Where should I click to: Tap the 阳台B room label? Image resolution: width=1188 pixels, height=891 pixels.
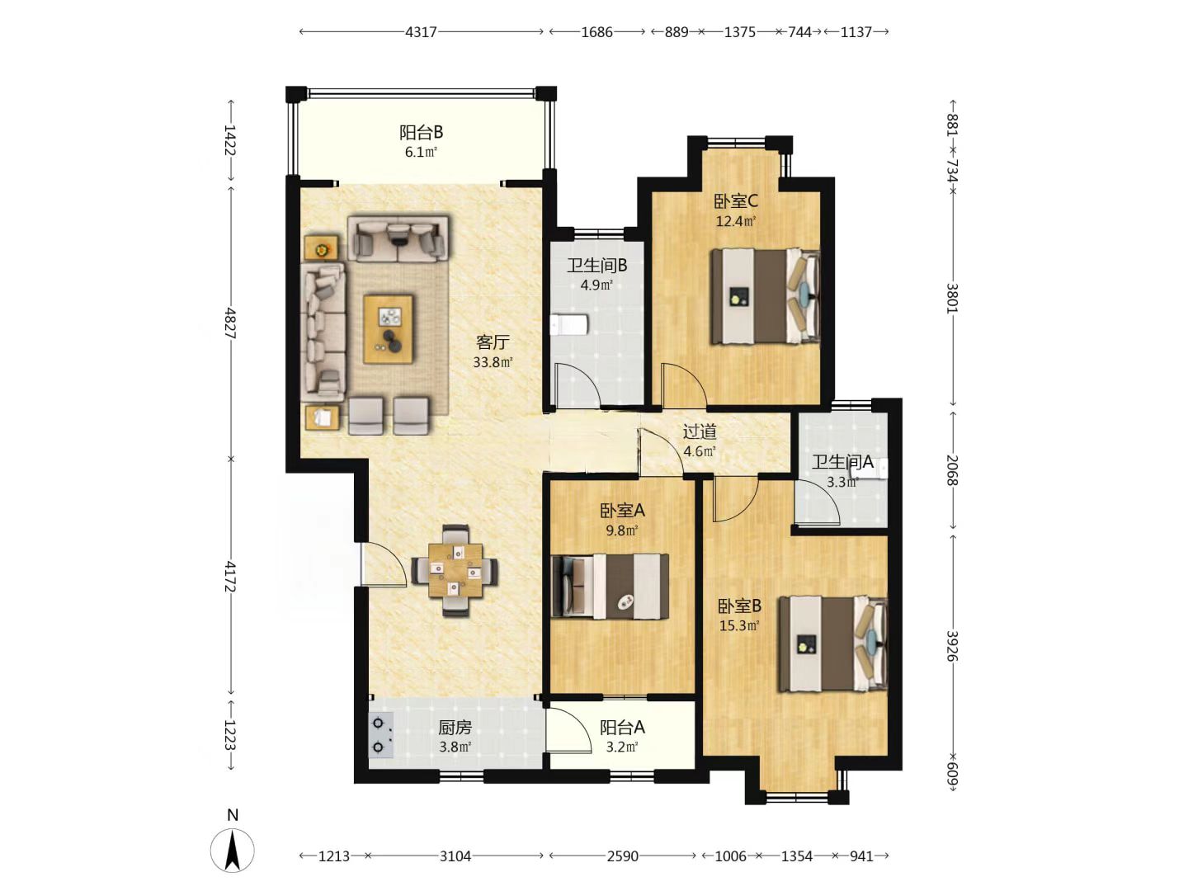coord(421,133)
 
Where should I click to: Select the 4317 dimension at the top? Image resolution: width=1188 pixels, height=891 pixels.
coord(421,32)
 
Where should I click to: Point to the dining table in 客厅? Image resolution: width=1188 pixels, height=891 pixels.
coord(455,570)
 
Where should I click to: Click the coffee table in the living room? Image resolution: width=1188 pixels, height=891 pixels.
coord(388,329)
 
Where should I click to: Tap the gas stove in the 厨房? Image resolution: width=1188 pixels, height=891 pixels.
coord(381,736)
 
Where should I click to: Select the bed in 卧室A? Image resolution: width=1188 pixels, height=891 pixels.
coord(610,587)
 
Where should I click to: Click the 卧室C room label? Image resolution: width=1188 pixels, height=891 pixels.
coord(736,202)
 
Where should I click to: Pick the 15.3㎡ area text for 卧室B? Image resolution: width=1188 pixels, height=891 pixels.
coord(739,626)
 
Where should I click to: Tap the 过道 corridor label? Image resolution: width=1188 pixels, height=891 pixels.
coord(700,431)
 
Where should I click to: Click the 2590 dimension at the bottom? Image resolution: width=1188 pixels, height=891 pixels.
coord(622,856)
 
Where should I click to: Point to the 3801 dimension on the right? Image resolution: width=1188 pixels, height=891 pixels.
coord(952,298)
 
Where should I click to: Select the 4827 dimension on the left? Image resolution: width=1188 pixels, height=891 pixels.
coord(231,323)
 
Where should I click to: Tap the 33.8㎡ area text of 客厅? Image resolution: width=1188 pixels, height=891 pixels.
coord(493,362)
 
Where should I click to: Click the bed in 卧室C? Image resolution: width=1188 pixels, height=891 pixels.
coord(766,296)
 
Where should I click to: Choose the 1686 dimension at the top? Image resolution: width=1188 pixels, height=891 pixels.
coord(597,32)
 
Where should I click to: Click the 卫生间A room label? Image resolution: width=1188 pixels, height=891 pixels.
coord(842,462)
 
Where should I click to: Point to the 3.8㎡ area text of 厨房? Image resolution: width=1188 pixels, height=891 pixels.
coord(455,747)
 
